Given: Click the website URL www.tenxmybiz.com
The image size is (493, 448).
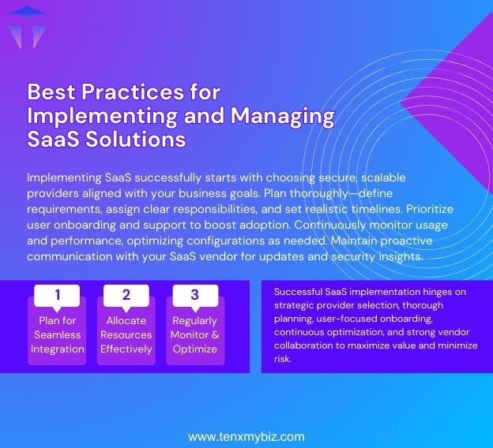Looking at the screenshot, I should (246, 436).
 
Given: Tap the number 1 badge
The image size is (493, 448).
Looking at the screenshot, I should (57, 296).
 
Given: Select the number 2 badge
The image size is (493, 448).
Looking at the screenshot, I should (126, 296).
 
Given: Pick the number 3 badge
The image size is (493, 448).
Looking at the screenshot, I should (194, 296).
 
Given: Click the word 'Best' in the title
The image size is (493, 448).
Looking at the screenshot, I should (50, 91).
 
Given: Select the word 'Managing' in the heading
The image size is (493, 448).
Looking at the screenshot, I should (282, 115).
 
